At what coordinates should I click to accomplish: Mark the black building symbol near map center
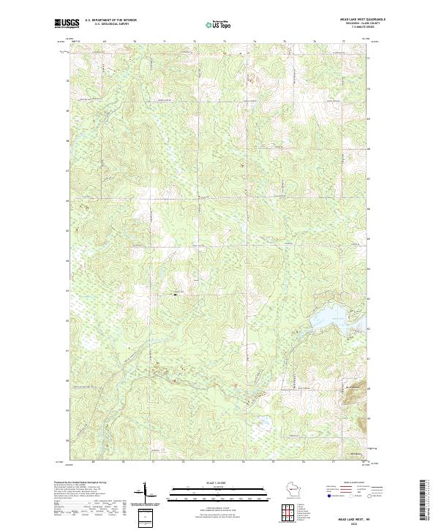pyautogui.click(x=176, y=294)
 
